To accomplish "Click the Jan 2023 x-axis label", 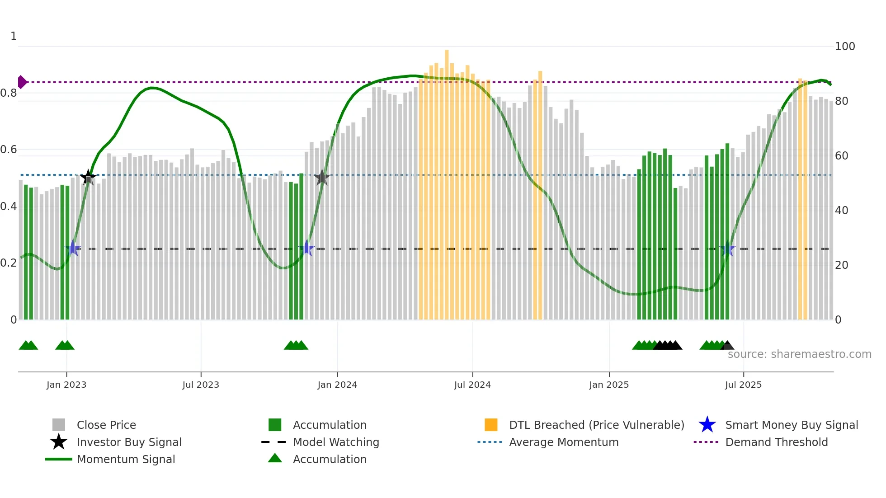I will pyautogui.click(x=66, y=385).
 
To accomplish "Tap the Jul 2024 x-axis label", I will pyautogui.click(x=472, y=385).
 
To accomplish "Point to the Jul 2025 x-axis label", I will pyautogui.click(x=743, y=385).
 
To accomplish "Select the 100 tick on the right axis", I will pyautogui.click(x=845, y=47).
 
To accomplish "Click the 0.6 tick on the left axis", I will pyautogui.click(x=9, y=150).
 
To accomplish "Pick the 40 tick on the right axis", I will pyautogui.click(x=842, y=211).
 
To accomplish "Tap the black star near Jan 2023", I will pyautogui.click(x=88, y=177).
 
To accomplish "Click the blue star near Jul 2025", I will pyautogui.click(x=727, y=249).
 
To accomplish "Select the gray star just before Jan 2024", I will pyautogui.click(x=322, y=178).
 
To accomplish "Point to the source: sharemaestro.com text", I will pyautogui.click(x=799, y=354).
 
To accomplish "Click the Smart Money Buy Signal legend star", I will pyautogui.click(x=707, y=425).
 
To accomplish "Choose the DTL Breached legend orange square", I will pyautogui.click(x=491, y=425).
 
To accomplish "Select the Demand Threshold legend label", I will pyautogui.click(x=776, y=442).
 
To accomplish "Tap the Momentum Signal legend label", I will pyautogui.click(x=126, y=460).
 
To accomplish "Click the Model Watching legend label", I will pyautogui.click(x=336, y=442).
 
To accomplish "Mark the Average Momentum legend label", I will pyautogui.click(x=564, y=442).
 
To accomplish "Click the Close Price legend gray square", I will pyautogui.click(x=59, y=425).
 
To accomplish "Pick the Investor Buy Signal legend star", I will pyautogui.click(x=59, y=442).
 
